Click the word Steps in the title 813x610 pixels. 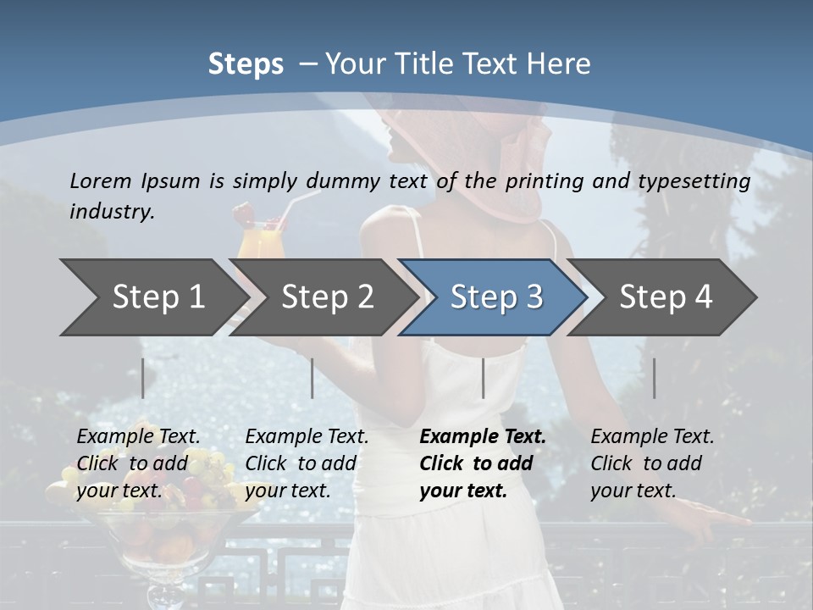click(x=246, y=64)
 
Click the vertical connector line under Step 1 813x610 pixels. click(x=143, y=378)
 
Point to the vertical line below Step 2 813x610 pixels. click(x=312, y=378)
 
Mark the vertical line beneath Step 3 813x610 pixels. click(x=483, y=378)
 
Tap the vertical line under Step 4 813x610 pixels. click(x=654, y=378)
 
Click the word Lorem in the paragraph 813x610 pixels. click(x=101, y=180)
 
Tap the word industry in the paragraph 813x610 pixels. click(x=111, y=212)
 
